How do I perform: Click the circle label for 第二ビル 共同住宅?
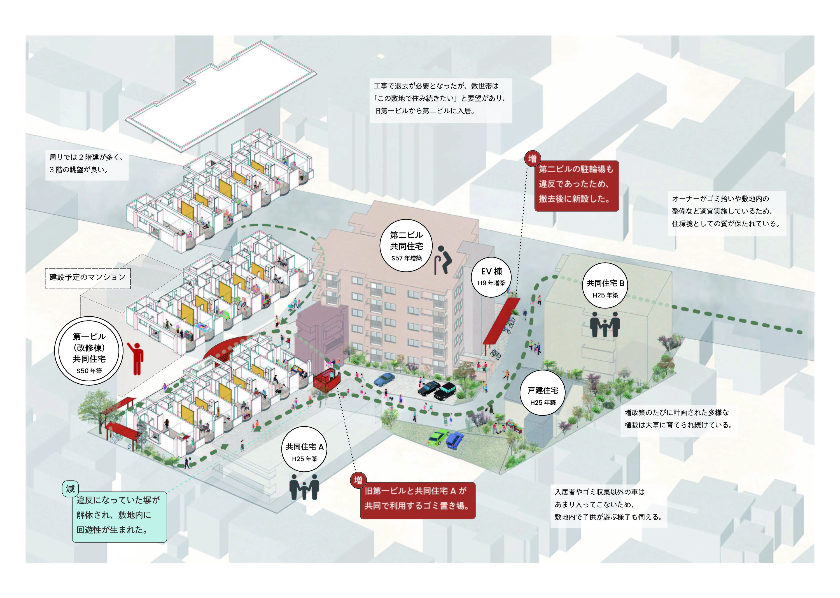tap(406, 245)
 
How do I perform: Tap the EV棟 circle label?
tap(491, 277)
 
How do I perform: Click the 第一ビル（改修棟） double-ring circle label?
tap(89, 351)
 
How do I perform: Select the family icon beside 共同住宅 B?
tap(605, 324)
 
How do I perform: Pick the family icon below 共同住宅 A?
tap(304, 486)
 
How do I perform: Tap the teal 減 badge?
tap(70, 489)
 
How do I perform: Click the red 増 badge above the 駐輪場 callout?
tap(532, 159)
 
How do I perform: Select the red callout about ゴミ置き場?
tap(417, 501)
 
